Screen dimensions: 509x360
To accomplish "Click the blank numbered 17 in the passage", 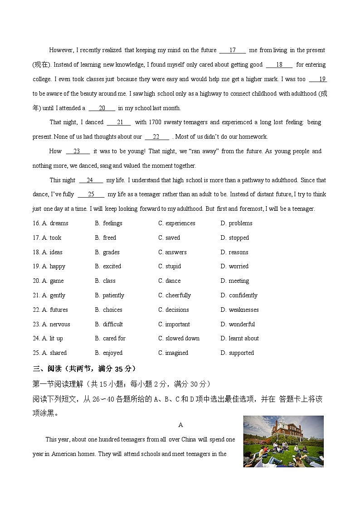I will (x=232, y=50).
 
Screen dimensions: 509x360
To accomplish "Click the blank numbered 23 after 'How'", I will (x=77, y=151).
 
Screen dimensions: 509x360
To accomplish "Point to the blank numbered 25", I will (x=91, y=194).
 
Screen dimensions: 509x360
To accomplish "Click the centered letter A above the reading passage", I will (x=180, y=425).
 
